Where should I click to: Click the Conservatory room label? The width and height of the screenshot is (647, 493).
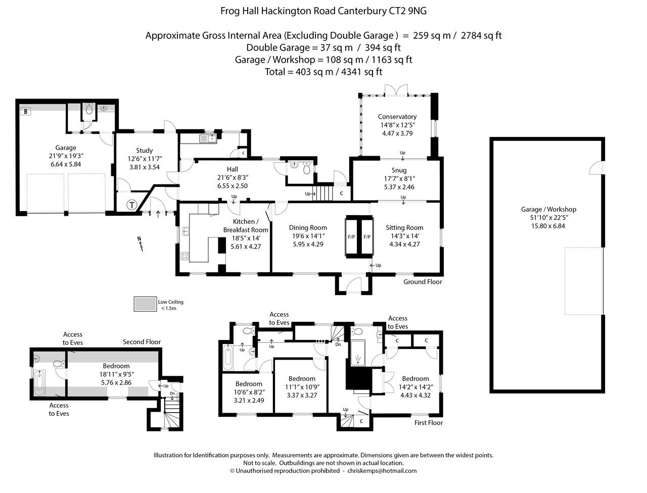point(397,117)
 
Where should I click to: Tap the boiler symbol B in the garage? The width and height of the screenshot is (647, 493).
point(24,111)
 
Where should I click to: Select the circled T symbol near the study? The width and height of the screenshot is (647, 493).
point(131,205)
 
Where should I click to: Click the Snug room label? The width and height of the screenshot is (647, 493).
point(399,170)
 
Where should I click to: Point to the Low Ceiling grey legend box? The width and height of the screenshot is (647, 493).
point(145,304)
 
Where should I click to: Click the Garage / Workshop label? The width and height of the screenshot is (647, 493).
point(548,209)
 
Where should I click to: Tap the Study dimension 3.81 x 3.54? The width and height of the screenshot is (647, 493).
point(145,167)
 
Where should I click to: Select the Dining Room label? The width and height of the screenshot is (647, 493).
point(308,228)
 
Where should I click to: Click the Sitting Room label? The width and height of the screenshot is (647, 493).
point(404,228)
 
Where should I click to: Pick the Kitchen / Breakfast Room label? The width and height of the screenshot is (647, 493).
point(246,226)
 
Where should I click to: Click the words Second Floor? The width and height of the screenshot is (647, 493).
point(142,342)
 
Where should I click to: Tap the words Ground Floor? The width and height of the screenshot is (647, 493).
point(423,282)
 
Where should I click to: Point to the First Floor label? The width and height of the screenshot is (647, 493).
point(428,423)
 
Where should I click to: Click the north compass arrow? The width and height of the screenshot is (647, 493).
point(140,244)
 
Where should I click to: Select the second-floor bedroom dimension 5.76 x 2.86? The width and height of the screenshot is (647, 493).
point(116,382)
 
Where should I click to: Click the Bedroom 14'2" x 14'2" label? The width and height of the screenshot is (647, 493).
point(415,379)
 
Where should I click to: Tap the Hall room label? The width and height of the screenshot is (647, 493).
point(233,169)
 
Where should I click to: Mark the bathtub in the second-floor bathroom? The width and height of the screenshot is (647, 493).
point(40,383)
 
